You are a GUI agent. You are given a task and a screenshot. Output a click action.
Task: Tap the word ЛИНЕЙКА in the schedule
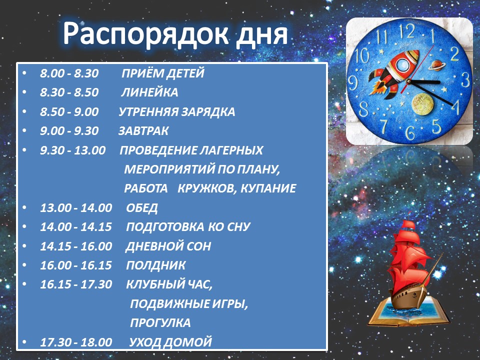click(149, 92)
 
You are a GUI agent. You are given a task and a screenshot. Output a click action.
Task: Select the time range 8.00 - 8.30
click(69, 73)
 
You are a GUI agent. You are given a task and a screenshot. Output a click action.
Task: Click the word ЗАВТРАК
click(143, 131)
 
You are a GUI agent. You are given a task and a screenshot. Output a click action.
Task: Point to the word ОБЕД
click(142, 208)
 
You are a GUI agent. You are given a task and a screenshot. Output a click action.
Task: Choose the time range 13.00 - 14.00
click(76, 208)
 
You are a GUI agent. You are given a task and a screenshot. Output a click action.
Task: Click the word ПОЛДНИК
click(156, 265)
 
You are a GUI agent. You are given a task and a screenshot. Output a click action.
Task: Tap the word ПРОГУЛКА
click(160, 323)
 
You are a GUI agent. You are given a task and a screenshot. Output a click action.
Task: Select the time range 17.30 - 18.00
click(76, 342)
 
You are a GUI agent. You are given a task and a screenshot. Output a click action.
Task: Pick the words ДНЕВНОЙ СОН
click(168, 246)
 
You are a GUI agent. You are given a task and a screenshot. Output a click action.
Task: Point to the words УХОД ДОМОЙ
click(170, 342)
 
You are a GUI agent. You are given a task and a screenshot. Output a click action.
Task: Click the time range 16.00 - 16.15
click(76, 265)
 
